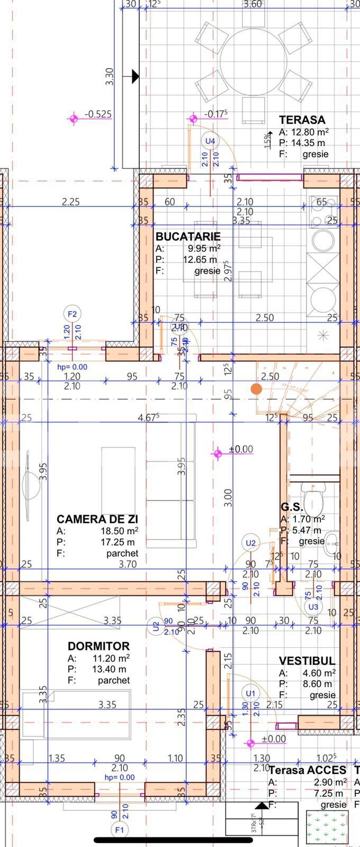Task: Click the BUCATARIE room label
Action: pyautogui.click(x=188, y=237)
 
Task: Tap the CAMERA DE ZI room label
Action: pyautogui.click(x=97, y=519)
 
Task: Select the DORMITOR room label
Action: pyautogui.click(x=98, y=646)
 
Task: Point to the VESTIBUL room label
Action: pyautogui.click(x=307, y=661)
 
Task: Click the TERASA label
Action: pyautogui.click(x=302, y=120)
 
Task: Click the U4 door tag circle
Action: pyautogui.click(x=210, y=141)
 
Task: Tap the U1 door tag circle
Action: pyautogui.click(x=250, y=693)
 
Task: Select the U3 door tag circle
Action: pyautogui.click(x=313, y=607)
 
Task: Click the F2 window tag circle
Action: pyautogui.click(x=73, y=314)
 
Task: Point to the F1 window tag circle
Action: pyautogui.click(x=119, y=830)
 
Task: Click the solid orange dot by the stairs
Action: pyautogui.click(x=256, y=389)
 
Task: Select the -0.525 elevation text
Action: pyautogui.click(x=98, y=114)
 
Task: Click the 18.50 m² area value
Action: pyautogui.click(x=120, y=531)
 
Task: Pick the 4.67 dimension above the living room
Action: pyautogui.click(x=149, y=418)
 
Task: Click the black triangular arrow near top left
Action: pyautogui.click(x=135, y=76)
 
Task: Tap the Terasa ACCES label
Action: pyautogui.click(x=307, y=770)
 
